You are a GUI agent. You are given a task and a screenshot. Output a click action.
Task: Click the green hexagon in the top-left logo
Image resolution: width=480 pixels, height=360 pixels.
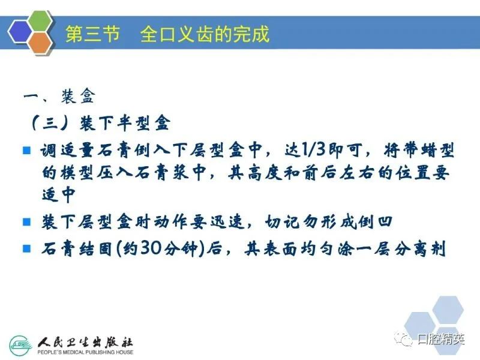40,22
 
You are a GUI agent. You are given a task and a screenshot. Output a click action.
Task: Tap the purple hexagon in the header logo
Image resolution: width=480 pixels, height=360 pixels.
20,31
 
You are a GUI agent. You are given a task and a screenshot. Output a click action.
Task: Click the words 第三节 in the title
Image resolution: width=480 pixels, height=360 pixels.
92,34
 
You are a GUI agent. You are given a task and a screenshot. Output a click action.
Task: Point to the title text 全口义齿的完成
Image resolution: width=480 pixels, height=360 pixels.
205,34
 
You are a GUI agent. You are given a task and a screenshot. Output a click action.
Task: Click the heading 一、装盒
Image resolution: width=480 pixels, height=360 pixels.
59,97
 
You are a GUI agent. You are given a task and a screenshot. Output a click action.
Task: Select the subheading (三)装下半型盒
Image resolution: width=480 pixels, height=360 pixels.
100,123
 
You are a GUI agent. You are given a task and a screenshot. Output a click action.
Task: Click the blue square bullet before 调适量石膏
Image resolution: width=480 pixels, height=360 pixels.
27,150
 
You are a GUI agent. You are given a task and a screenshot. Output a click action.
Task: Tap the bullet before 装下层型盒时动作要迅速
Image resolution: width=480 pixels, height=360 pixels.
27,221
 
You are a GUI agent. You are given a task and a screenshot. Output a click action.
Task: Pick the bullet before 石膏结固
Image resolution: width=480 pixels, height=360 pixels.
27,248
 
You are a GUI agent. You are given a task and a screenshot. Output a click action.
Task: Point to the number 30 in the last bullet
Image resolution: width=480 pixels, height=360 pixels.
151,248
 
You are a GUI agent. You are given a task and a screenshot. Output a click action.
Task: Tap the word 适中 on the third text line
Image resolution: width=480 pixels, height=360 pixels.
58,194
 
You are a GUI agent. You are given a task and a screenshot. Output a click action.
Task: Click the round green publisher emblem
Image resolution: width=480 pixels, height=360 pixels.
21,346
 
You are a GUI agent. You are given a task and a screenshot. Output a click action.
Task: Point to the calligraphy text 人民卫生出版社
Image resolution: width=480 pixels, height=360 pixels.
85,342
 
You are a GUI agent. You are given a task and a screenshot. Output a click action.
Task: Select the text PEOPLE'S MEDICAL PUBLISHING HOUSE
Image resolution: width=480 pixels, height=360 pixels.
85,352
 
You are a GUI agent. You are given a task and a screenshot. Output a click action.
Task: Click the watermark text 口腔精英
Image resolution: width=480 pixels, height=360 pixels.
441,339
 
